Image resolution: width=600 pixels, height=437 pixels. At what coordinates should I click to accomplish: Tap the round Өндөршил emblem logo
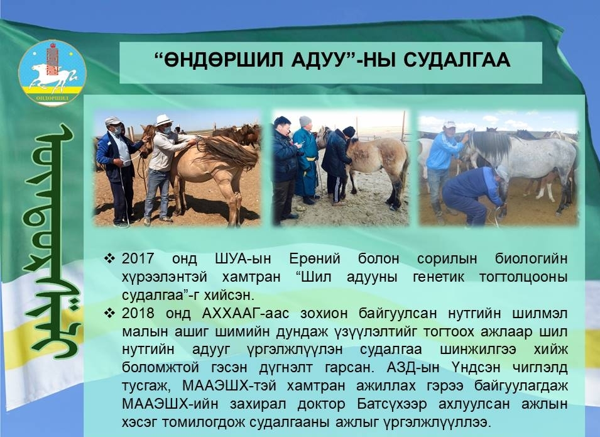pos(52,72)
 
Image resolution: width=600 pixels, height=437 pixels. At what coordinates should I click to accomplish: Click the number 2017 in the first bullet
pos(138,258)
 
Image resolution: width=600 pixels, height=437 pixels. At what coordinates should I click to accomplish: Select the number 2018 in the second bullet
pos(138,313)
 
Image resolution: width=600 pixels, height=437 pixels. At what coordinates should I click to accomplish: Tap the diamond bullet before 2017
pos(109,258)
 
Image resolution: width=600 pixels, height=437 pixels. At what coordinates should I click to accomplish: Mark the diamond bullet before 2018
pos(109,313)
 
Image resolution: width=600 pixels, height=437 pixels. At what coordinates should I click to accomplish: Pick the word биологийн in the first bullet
pos(531,258)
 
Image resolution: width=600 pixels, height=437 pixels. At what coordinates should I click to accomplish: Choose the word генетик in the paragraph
pos(439,277)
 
